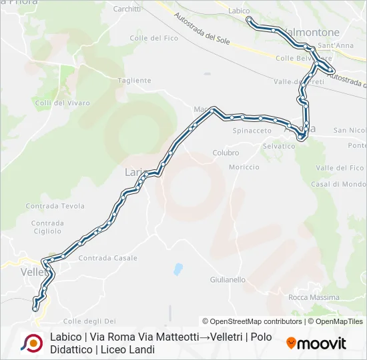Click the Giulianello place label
(x=228, y=280)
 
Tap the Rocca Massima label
(x=314, y=297)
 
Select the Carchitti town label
(x=127, y=9)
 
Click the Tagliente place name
(x=134, y=81)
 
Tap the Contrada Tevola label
(x=55, y=207)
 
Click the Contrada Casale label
(x=107, y=258)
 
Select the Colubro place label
(x=226, y=153)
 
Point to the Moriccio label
(x=244, y=167)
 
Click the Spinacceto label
(x=252, y=131)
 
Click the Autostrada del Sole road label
(x=201, y=29)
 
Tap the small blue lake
(x=177, y=269)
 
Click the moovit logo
(x=316, y=343)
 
